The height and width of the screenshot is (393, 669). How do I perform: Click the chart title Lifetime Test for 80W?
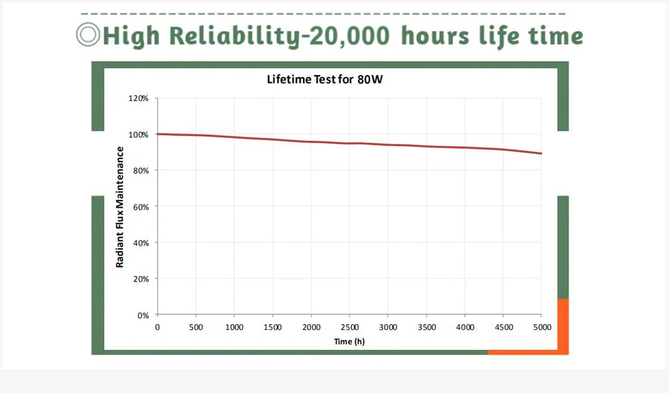326,80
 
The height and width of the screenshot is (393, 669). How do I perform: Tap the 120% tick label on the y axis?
138,98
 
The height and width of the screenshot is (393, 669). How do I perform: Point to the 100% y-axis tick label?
138,135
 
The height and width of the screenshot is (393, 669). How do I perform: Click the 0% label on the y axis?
142,315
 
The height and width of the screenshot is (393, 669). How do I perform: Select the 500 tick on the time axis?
195,327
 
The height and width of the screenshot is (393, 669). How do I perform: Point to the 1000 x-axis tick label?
234,327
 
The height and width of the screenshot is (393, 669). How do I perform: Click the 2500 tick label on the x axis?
349,327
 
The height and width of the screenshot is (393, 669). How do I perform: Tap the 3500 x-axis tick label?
427,327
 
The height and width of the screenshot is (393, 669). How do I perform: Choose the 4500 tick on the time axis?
503,327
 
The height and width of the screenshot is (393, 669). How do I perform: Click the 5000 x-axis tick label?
541,327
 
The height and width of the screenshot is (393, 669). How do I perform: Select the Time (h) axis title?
349,341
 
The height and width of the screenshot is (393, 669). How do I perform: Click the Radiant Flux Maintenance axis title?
120,206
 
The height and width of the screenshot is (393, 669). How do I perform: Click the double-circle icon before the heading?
88,35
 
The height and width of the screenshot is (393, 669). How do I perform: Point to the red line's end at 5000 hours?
541,153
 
